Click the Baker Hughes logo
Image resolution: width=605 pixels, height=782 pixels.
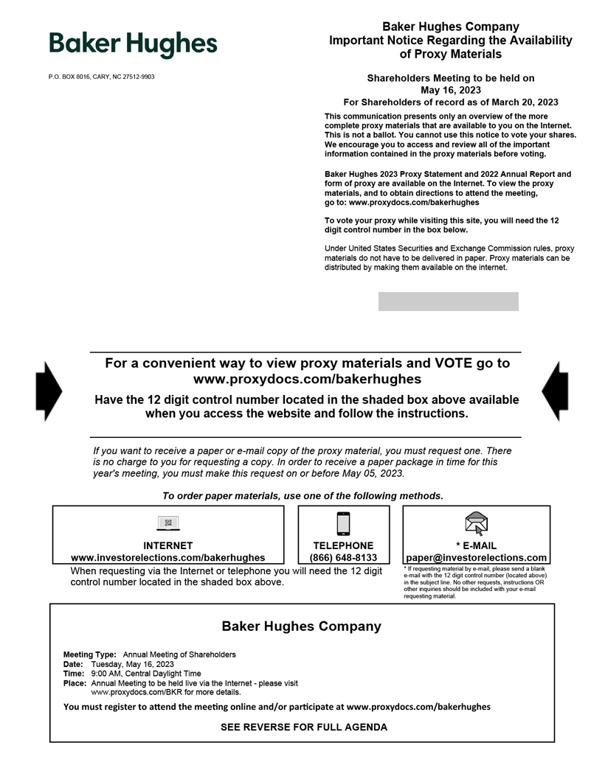133,44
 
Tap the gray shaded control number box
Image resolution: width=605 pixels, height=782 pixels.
448,301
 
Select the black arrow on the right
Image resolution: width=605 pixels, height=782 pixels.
556,391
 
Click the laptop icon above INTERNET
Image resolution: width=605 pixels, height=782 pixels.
168,523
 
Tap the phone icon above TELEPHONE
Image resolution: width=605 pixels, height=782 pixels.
343,523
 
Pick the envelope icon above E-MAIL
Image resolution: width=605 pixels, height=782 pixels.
477,523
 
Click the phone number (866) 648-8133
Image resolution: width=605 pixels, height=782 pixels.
343,558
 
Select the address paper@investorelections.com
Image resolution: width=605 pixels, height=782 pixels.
477,558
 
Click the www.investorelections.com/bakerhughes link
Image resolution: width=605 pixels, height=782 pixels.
167,558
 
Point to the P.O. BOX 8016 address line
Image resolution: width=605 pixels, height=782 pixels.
102,77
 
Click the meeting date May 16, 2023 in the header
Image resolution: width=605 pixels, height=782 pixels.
451,90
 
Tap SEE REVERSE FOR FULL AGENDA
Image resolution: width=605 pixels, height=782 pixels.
304,727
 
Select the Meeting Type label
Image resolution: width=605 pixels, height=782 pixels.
90,654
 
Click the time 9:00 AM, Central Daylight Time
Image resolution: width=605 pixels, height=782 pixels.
146,674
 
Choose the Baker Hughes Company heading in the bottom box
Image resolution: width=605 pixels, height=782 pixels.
302,626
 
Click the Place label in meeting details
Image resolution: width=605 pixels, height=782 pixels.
75,683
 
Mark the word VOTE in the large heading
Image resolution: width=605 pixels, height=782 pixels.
454,363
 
